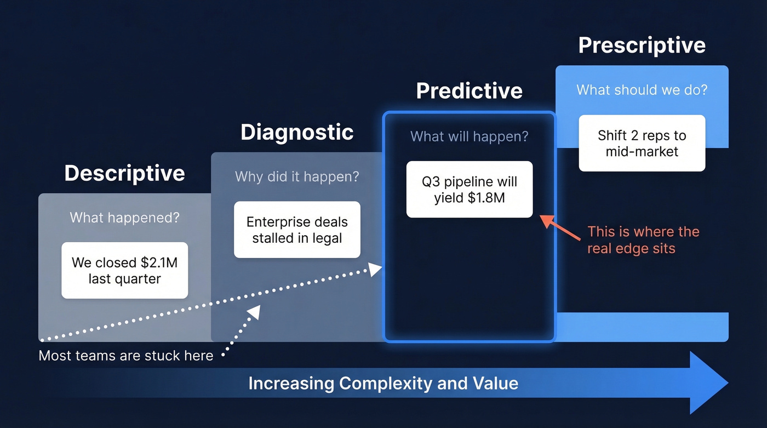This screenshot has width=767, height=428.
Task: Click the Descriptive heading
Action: pos(124,173)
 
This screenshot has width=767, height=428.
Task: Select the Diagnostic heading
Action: pos(297,133)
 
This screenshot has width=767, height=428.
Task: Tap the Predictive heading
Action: pos(469,90)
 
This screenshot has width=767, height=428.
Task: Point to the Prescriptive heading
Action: pos(642,45)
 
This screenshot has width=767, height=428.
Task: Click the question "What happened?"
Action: pos(124,218)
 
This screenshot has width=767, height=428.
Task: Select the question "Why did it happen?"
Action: pos(297,177)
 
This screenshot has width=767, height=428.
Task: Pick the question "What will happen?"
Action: pos(469,136)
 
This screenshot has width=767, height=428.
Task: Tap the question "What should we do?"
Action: pos(642,89)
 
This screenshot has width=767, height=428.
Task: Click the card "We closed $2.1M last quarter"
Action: pos(124,270)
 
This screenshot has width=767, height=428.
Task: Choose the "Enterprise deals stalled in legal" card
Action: pos(297,230)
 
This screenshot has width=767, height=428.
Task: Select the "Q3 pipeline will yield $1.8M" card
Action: pos(469,189)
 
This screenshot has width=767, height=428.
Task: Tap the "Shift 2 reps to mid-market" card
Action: pos(642,143)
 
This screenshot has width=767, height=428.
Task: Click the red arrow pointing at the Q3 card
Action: pos(560,227)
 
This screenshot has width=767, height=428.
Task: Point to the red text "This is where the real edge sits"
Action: pos(643,239)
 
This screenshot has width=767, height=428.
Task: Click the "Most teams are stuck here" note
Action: pos(125,356)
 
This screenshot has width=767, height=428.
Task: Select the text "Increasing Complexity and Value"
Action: pos(383,383)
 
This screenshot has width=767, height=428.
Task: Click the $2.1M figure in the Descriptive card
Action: pos(157,262)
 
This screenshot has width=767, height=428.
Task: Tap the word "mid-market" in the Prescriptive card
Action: pos(642,151)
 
